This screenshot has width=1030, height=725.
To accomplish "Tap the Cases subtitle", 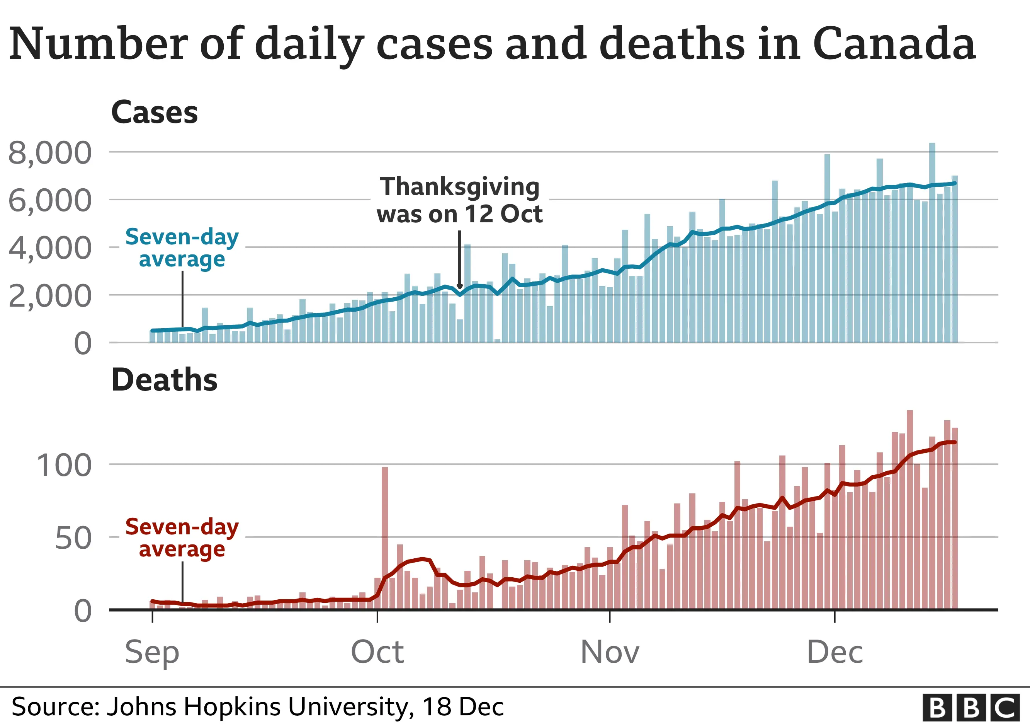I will (x=154, y=112).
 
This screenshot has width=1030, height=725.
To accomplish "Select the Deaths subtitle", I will (x=164, y=380).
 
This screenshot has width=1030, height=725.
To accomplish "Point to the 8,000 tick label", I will (x=50, y=153).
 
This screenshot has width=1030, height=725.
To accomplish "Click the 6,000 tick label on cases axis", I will (x=50, y=201).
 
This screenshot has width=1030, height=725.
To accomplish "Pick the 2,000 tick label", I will (x=50, y=296).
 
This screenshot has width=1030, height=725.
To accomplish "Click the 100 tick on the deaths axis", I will (x=64, y=466).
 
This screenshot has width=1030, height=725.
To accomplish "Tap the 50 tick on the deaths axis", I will (x=73, y=538).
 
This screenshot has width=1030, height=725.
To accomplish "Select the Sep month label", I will (x=152, y=652).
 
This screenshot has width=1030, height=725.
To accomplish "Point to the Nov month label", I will (x=610, y=652).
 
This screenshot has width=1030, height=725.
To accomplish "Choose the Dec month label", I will (x=835, y=652).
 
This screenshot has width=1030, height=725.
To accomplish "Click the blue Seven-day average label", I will (x=182, y=248).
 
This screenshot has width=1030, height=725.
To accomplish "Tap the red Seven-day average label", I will (x=182, y=538).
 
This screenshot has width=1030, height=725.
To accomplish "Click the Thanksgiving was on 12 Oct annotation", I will (x=459, y=200).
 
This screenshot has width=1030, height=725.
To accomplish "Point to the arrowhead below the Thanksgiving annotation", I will (x=459, y=287).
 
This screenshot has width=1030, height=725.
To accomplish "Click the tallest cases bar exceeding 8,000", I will (x=932, y=242).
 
